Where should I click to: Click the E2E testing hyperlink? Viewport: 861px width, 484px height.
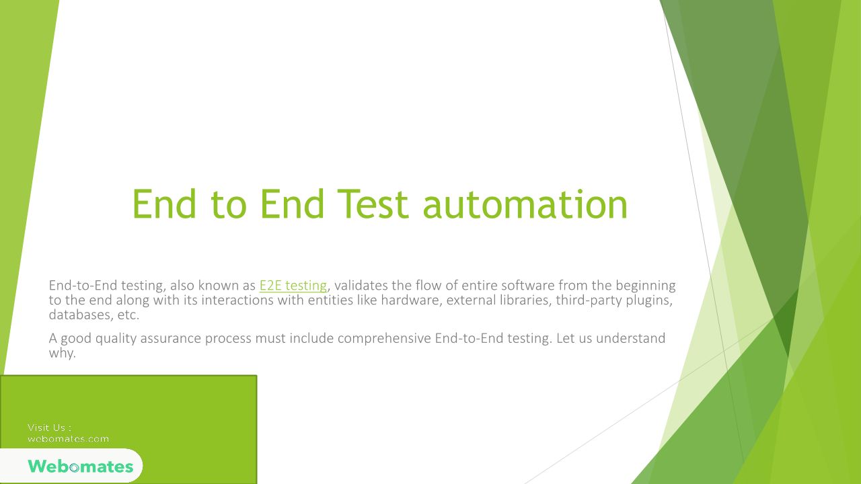(293, 286)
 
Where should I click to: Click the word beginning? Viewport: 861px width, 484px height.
(645, 286)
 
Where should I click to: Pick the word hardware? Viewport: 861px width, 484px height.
(411, 300)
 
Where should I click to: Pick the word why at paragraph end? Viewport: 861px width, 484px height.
(61, 354)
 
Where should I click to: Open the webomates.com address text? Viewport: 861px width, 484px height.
(69, 439)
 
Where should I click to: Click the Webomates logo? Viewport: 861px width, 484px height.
(80, 466)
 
